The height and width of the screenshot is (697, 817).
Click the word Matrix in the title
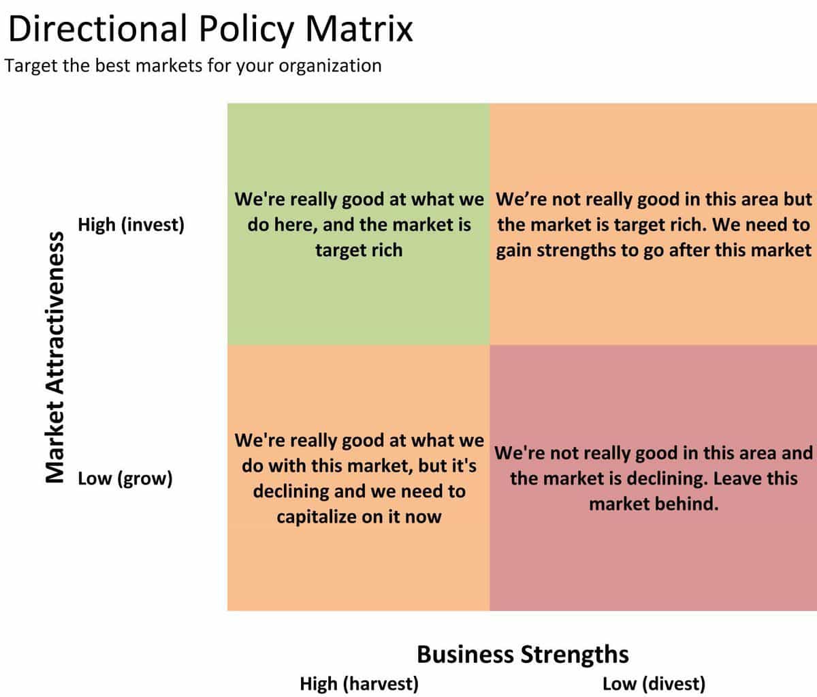coord(359,29)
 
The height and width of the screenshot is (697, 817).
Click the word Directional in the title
coord(97,29)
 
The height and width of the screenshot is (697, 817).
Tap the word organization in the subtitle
coord(330,66)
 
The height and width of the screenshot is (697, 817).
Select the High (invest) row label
coord(131,225)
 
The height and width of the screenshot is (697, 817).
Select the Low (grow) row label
coord(125,479)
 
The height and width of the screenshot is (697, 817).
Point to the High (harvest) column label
coord(359,684)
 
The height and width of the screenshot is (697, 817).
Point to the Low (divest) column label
coord(654,684)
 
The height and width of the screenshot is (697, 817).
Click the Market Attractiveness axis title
coord(55,357)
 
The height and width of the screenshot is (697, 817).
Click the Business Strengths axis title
coord(522,654)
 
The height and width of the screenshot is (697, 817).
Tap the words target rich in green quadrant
coord(359,251)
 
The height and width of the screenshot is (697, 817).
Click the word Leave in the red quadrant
coord(737,478)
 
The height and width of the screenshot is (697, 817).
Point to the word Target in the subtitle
coord(31,66)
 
